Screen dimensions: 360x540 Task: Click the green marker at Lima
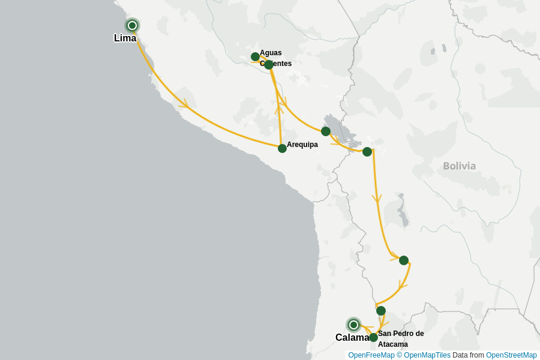(x=132, y=25)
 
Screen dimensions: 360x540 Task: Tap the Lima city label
(x=125, y=38)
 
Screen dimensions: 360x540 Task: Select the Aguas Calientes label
(x=275, y=58)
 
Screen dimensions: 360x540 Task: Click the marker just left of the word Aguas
(x=255, y=57)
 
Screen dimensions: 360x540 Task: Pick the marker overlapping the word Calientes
(x=269, y=64)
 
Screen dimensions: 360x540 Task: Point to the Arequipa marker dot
(x=282, y=148)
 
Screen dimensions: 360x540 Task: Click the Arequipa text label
(x=302, y=145)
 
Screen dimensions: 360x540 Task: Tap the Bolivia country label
(x=459, y=166)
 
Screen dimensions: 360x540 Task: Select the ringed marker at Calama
(x=353, y=325)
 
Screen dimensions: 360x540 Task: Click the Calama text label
(x=352, y=338)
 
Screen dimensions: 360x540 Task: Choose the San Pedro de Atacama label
(x=401, y=339)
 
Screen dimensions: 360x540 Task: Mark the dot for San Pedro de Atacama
(x=373, y=337)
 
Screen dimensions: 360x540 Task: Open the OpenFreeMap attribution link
(x=371, y=355)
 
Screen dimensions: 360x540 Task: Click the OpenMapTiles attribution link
(x=427, y=355)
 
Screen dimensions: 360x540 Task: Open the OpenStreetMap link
(x=511, y=355)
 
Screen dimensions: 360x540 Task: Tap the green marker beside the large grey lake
(x=326, y=131)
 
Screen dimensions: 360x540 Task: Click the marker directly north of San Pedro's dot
(x=380, y=311)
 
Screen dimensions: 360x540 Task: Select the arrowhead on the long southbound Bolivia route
(x=377, y=199)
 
